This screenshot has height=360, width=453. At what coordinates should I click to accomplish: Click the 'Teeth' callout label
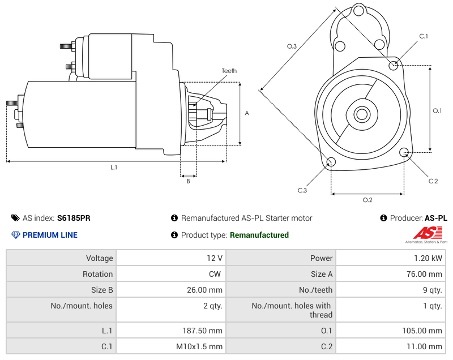pos(229,71)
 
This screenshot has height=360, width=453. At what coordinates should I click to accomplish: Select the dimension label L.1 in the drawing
pos(114,167)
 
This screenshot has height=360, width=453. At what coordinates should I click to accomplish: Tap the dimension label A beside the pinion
pos(246,113)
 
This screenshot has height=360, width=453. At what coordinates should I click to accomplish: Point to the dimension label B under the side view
pos(188,181)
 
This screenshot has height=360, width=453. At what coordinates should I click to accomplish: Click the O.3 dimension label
pos(292,46)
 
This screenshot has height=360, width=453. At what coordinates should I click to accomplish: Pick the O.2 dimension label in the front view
pos(367,200)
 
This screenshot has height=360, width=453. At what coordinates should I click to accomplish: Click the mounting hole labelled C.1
pos(394,65)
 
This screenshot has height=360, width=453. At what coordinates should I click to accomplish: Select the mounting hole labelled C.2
pos(404,152)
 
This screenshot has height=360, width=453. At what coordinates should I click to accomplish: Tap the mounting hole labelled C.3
pos(331,163)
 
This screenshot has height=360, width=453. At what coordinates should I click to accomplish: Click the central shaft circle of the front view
pos(361,114)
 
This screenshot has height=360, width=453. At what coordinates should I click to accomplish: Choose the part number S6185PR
pos(74,218)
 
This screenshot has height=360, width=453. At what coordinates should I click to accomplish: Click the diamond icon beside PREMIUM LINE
pos(15,235)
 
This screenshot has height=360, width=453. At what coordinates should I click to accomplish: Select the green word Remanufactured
pos(259,235)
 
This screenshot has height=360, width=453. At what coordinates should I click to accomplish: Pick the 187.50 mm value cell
pos(170,331)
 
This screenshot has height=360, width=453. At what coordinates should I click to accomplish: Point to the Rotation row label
pos(97,274)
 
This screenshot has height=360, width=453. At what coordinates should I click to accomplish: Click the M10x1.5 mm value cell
pos(170,346)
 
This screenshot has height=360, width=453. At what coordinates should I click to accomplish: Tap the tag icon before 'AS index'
pos(15,218)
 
